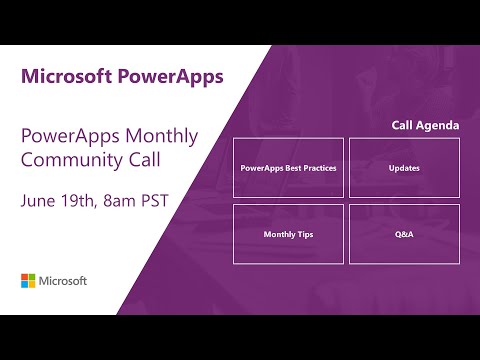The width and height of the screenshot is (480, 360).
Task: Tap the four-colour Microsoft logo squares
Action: (29, 280)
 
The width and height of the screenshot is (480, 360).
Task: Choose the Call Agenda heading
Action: (426, 126)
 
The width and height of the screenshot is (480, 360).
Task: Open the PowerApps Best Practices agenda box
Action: (288, 168)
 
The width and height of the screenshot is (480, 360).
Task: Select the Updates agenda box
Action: (404, 168)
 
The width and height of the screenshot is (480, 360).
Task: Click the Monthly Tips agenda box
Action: (288, 234)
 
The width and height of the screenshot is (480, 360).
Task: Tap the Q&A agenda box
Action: (404, 234)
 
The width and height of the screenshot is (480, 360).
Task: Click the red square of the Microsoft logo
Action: (25, 276)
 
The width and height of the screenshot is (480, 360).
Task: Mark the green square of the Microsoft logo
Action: (33, 276)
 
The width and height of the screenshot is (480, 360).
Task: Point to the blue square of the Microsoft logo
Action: (25, 285)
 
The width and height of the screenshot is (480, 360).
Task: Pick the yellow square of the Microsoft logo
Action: (33, 285)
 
